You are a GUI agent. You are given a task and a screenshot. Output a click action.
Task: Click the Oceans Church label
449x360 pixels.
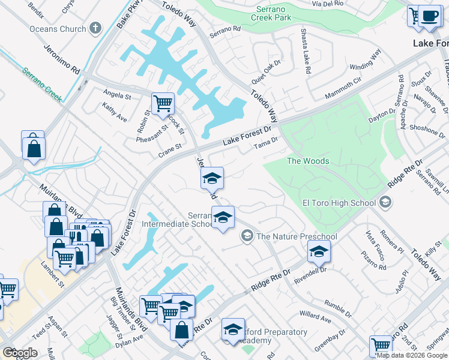click(x=57, y=28)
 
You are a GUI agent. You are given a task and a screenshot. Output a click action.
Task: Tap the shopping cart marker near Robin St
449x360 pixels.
click(x=163, y=104)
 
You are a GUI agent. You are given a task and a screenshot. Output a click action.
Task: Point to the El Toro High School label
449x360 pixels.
click(x=339, y=203)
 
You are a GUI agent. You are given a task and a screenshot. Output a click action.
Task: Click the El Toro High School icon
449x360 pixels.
click(x=385, y=203)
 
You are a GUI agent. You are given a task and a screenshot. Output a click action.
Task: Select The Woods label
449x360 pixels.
click(x=307, y=161)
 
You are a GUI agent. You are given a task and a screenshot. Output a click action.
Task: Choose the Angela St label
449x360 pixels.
click(x=117, y=95)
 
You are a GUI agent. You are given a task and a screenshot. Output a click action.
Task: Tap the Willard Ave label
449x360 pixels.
click(x=315, y=317)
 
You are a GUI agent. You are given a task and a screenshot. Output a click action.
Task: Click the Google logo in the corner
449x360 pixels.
click(x=20, y=352)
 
